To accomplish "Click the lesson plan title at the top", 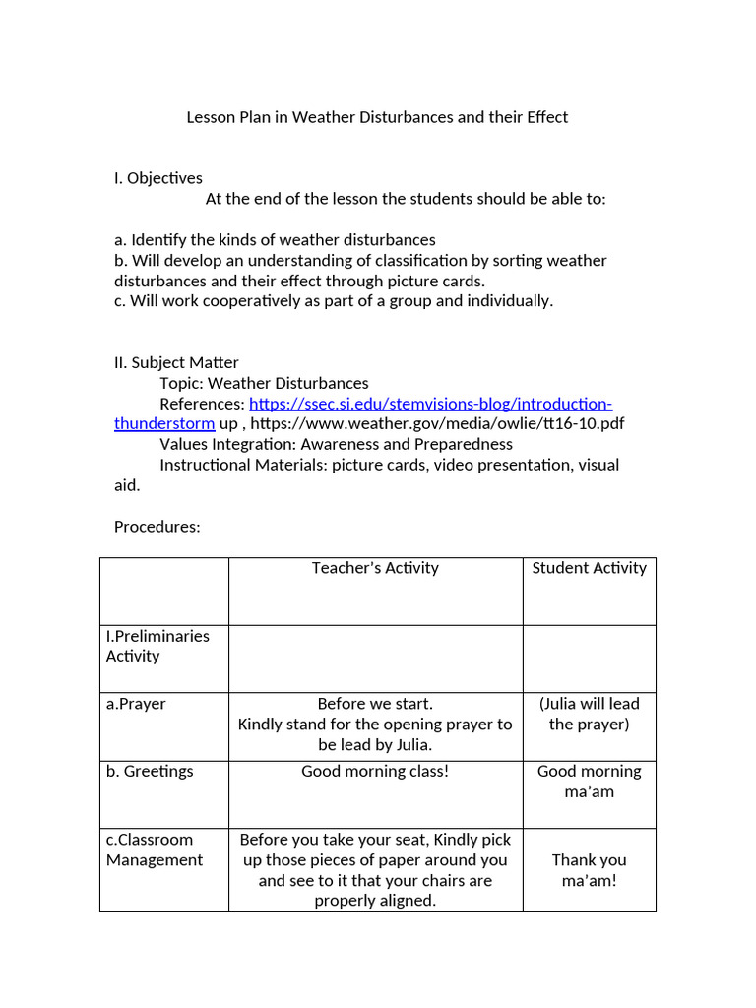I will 377,117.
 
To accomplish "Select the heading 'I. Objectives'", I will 157,178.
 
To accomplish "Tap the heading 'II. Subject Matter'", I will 176,362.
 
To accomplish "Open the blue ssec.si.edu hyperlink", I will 430,404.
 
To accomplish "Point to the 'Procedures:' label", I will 157,527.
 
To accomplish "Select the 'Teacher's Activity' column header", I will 375,568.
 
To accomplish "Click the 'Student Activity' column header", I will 589,568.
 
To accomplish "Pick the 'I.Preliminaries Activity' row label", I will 157,646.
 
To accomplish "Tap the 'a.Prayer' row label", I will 136,704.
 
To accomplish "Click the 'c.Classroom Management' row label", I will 155,850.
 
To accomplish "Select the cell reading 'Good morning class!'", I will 375,772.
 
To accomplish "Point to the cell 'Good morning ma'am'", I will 589,782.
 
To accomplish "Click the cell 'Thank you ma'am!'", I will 589,870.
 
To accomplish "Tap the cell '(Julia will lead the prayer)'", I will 589,714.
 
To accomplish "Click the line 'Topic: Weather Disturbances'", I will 264,383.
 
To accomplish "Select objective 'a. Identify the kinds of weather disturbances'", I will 275,240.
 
